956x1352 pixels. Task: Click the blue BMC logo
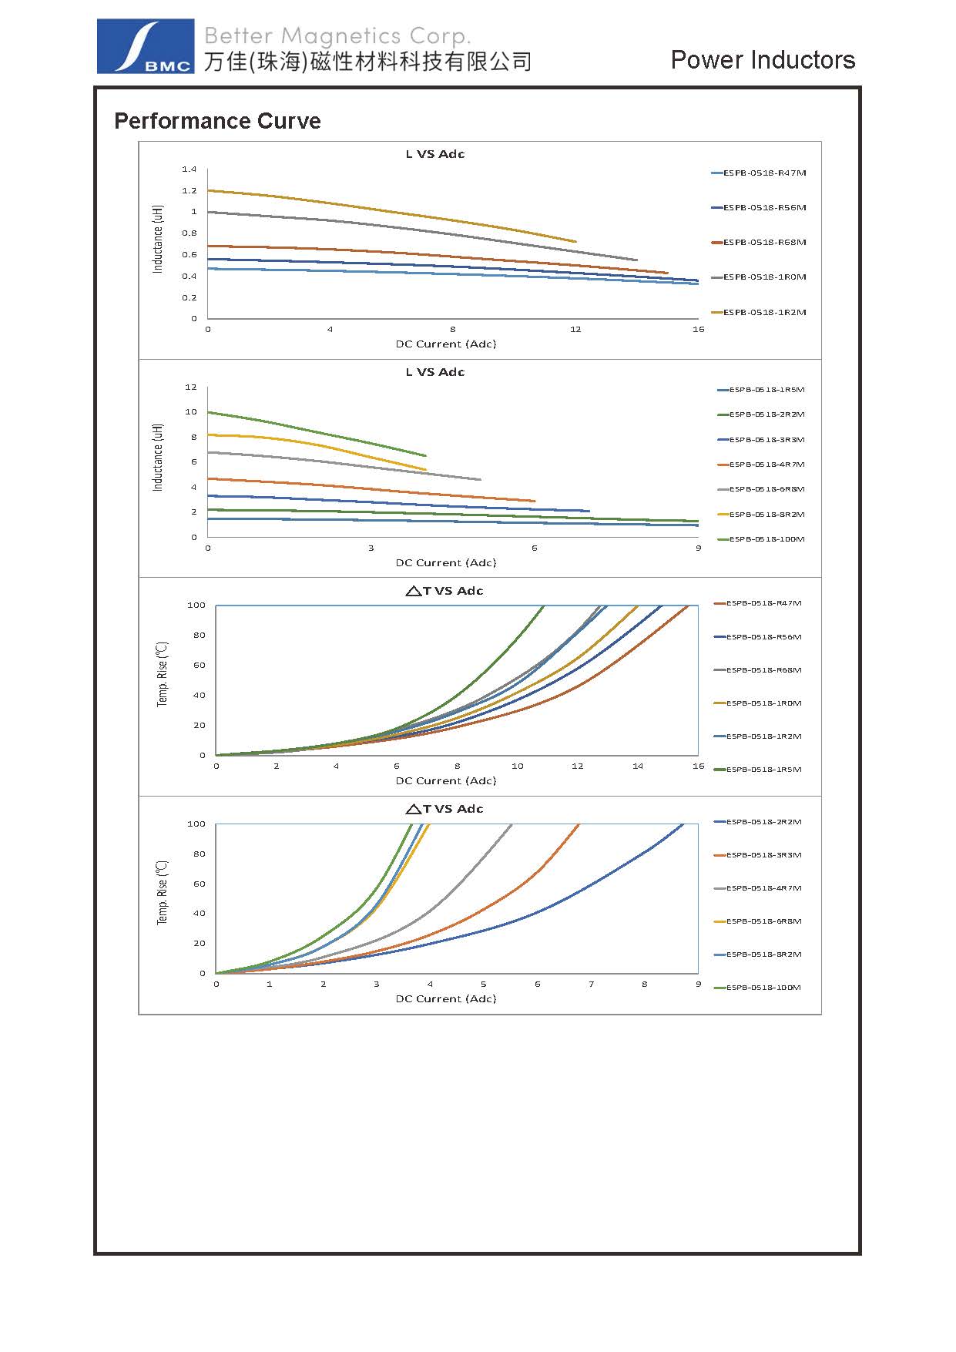pos(145,47)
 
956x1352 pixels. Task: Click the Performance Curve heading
pos(217,121)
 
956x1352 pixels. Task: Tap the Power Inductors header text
pos(763,60)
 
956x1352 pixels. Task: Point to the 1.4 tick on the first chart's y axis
pos(190,169)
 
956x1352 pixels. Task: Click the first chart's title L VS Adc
pos(435,154)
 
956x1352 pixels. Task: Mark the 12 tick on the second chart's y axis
pos(191,387)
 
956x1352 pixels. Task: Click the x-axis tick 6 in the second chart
pos(535,549)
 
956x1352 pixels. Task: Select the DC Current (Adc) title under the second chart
pos(446,563)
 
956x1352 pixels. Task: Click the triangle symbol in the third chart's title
pos(413,592)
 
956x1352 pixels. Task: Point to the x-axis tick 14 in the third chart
pos(638,767)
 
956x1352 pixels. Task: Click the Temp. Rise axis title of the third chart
pos(163,674)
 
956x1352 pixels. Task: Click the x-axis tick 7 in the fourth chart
pos(592,985)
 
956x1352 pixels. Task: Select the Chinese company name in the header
pos(368,62)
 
